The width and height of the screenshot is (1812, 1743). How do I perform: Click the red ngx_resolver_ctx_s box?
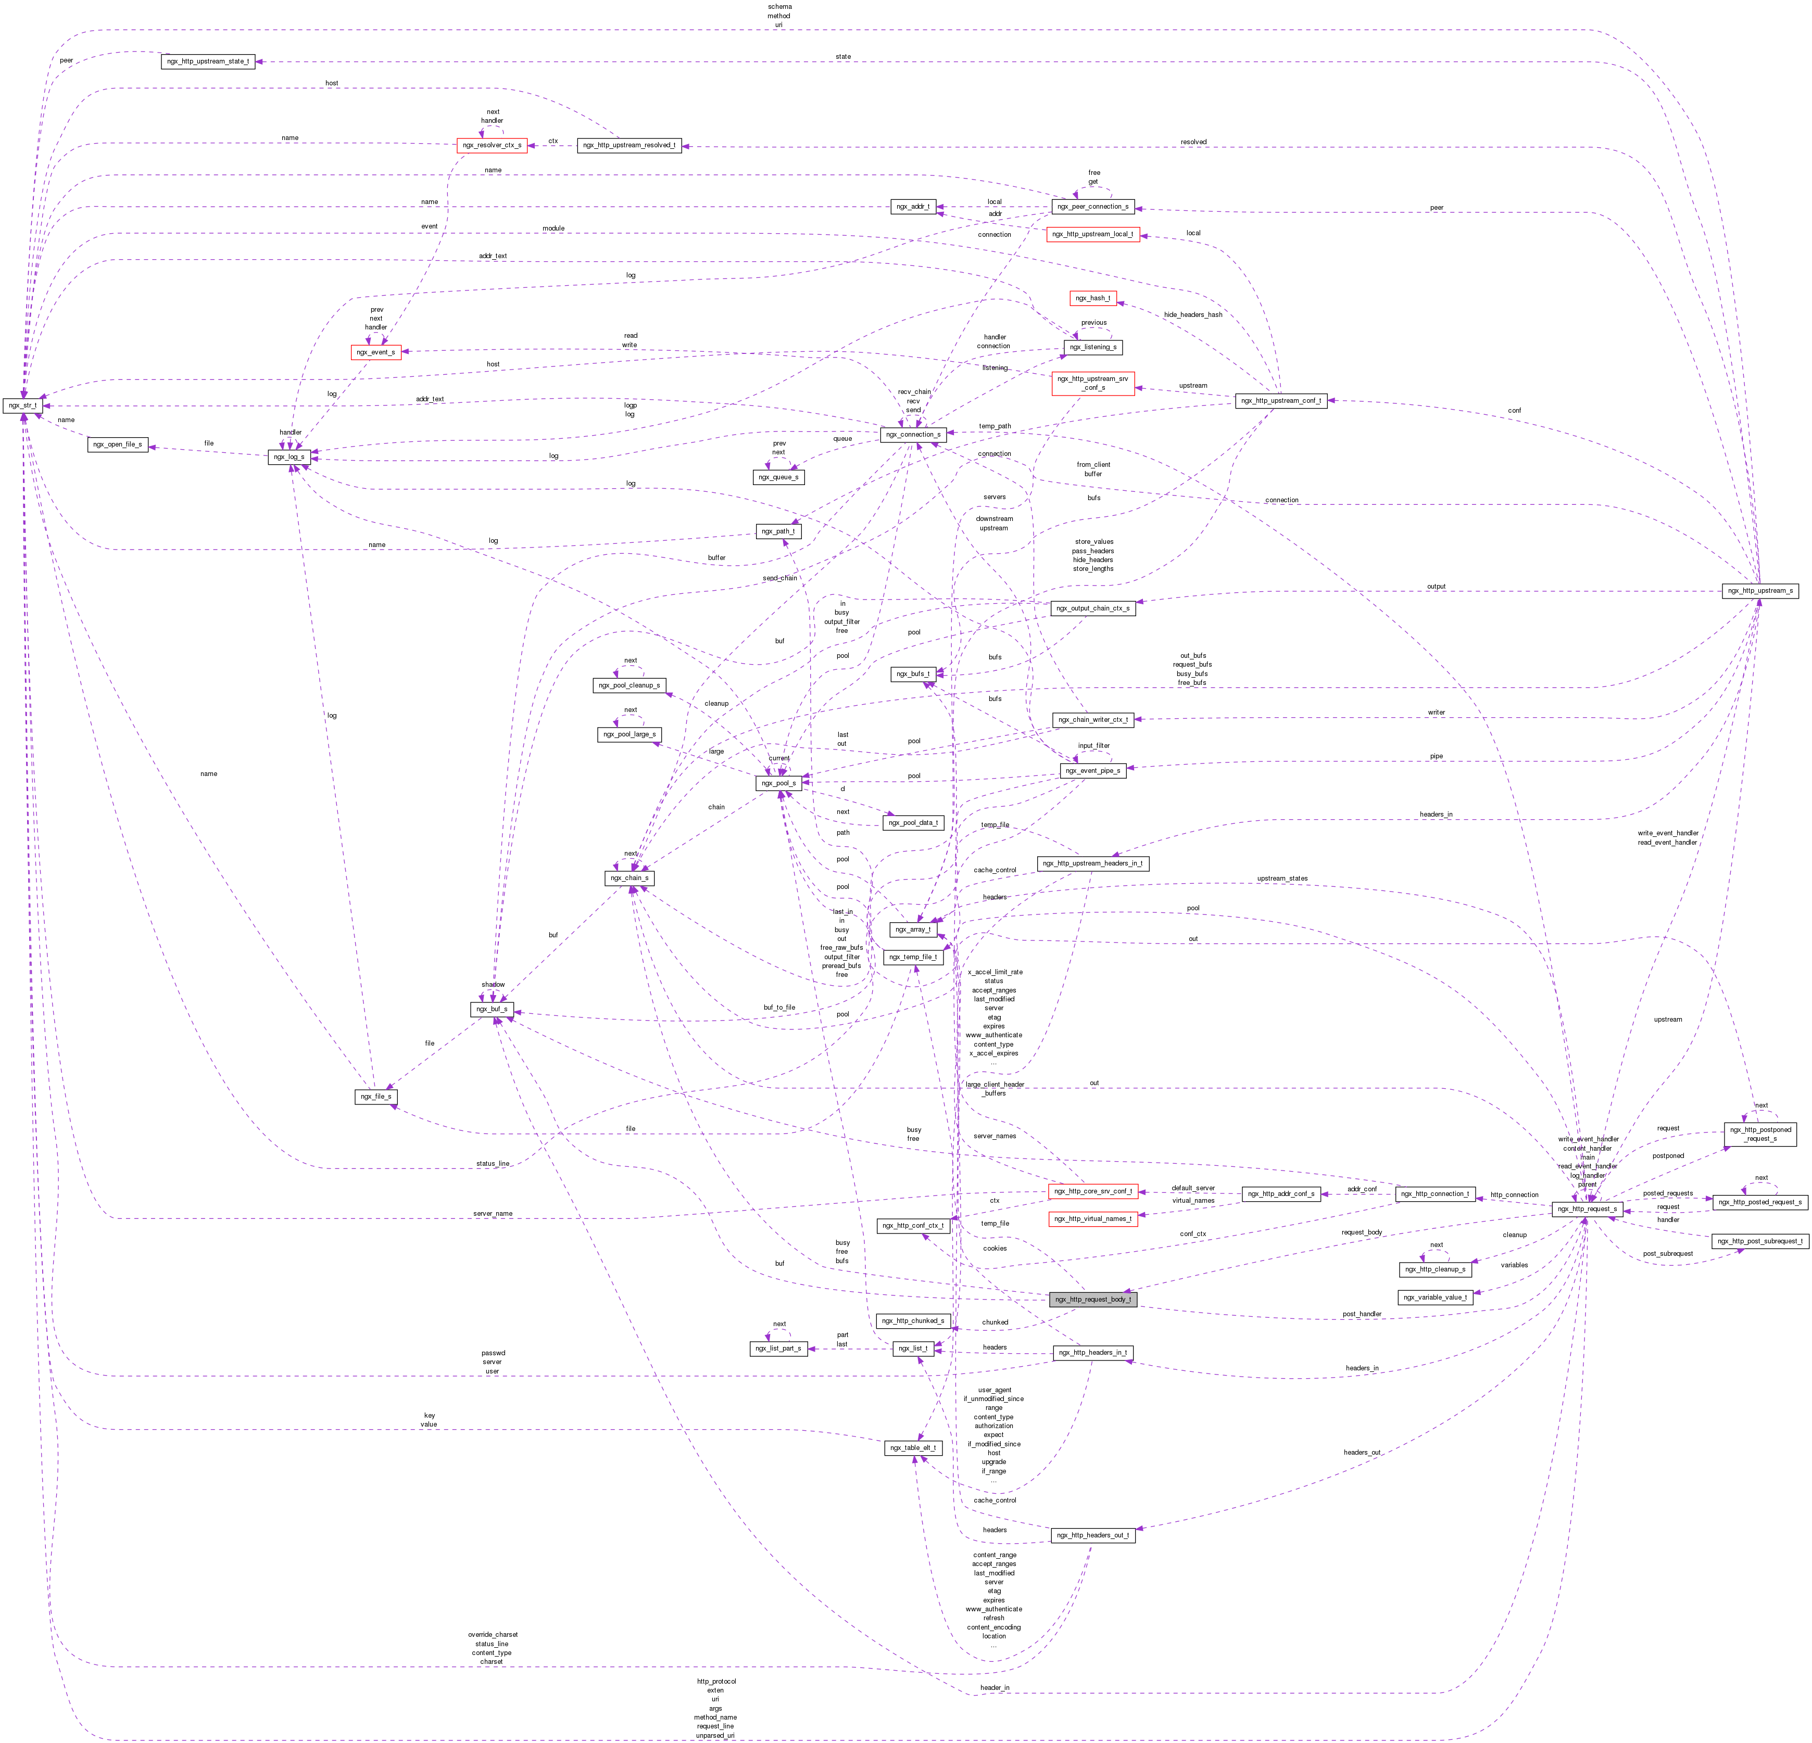pos(492,145)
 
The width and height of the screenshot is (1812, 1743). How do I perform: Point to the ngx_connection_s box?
pos(912,434)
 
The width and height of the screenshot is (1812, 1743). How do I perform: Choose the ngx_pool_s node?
pos(778,783)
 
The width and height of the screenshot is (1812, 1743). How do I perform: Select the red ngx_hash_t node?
pos(1093,298)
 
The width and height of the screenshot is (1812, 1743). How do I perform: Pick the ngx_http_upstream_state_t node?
pos(208,61)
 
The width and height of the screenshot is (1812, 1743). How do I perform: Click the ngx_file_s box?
pos(375,1096)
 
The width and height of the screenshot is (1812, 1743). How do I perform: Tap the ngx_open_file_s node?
pos(117,444)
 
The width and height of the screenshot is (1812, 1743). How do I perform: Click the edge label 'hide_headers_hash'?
pos(1192,314)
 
